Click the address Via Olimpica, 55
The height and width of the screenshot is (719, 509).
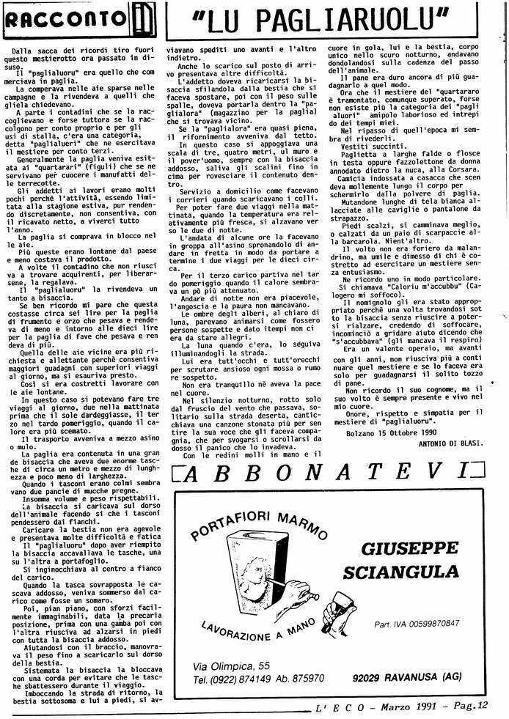[232, 645]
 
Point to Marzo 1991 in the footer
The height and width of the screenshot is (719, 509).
[403, 707]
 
